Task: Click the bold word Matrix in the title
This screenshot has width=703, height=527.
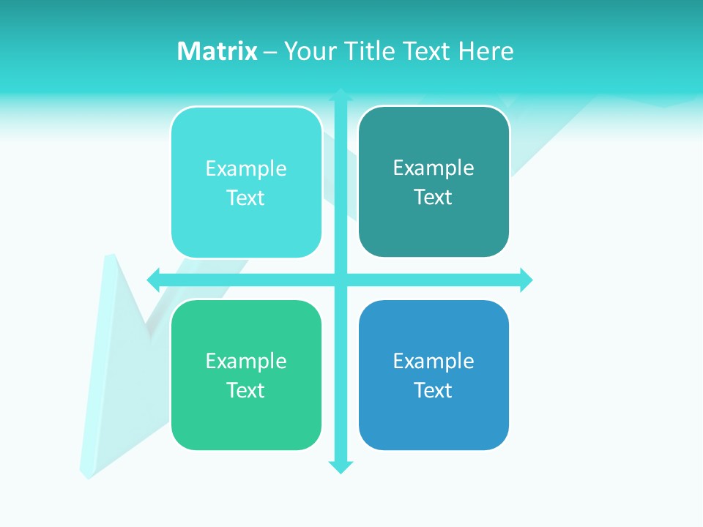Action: [217, 51]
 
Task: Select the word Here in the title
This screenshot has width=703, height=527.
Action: [486, 51]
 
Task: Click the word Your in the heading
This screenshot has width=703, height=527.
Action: [310, 51]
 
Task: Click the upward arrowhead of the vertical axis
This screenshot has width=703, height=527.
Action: [341, 94]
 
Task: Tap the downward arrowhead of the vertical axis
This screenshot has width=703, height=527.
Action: [341, 467]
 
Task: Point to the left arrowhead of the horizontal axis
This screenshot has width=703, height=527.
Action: [154, 280]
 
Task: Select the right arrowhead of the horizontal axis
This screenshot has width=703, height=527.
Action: [527, 280]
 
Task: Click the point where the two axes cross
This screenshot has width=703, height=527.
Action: [341, 280]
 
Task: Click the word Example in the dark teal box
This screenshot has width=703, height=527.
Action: [434, 168]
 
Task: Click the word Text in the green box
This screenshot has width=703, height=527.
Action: [246, 390]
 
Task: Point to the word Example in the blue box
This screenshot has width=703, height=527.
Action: [434, 361]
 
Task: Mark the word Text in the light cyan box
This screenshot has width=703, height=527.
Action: [246, 198]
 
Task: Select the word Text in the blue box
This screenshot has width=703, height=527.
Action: [434, 390]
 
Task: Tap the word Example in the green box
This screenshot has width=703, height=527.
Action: [246, 361]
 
